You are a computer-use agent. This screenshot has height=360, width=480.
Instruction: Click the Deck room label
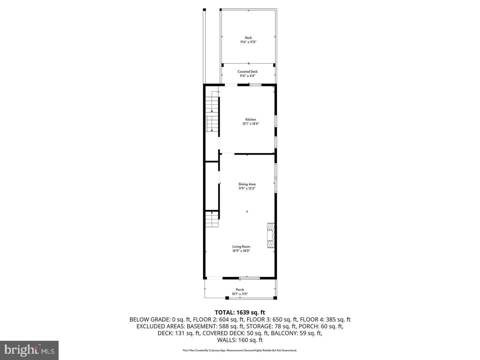pos(248,38)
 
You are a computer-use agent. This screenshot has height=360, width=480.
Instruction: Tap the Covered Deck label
pos(247,72)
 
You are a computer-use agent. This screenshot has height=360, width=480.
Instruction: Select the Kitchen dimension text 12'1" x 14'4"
pos(251,124)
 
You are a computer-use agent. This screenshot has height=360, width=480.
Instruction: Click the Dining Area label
pos(247,184)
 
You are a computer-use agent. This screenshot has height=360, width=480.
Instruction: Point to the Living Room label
pos(241,247)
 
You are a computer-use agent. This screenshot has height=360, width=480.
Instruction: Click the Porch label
pos(240,290)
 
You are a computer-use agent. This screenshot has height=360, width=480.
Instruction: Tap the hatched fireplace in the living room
pos(270,235)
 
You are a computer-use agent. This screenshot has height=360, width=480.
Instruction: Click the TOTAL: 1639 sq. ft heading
pos(240,312)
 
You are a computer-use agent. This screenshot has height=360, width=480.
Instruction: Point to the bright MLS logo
pos(29,350)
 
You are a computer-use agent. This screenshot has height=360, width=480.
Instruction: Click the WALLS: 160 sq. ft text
pos(240,340)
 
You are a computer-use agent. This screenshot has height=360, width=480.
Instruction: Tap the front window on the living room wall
pos(249,278)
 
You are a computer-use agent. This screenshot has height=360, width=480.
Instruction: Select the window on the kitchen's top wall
pos(256,85)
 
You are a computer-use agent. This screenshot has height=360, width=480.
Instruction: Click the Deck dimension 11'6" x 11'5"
pos(248,42)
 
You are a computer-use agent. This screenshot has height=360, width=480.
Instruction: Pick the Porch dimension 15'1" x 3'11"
pos(240,294)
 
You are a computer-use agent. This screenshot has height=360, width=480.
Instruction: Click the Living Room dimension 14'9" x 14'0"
pos(241,251)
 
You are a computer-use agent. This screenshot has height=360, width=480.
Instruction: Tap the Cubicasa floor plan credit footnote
pos(240,350)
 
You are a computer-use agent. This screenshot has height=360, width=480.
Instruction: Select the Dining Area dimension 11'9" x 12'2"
pos(247,188)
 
